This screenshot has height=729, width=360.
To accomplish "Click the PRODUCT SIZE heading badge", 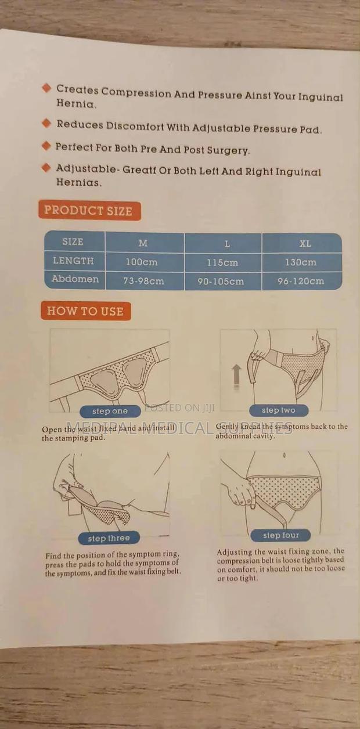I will pos(89,211).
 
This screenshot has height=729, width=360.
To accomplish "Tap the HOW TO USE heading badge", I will pos(85,311).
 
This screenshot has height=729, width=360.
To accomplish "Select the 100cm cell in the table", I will pos(142,262).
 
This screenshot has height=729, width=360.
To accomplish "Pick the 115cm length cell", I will pos(222,262).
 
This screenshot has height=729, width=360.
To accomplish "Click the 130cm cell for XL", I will pos(300,262).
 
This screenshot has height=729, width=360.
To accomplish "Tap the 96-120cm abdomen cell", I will pos(301,282).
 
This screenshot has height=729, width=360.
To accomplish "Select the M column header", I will pos(143,243).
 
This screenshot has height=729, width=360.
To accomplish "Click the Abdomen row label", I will pos(75,279).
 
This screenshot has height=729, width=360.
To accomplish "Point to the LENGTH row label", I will pos(73,261).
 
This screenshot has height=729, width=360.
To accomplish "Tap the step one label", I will pos(110,411).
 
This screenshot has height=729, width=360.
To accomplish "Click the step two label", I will pos(278,410).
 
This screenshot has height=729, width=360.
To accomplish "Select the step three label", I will pos(109,538).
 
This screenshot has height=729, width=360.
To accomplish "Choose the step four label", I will pos(280,535).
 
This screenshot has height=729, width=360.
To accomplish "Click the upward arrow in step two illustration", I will pos(236,376).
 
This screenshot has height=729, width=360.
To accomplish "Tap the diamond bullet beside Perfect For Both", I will pos(46,146).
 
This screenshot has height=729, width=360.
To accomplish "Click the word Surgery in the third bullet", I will pos(228,150).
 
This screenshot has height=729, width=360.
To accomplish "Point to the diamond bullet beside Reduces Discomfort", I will pos(47,123).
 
